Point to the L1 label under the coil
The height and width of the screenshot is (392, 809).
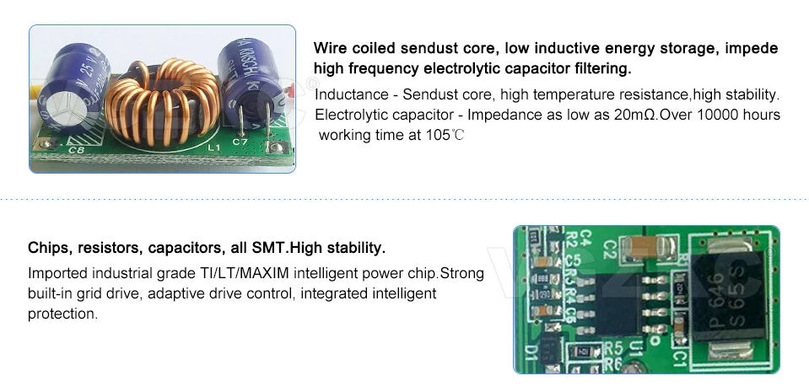[213, 148]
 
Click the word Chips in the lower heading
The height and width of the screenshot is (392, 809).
[49, 249]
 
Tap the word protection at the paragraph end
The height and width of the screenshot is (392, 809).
[63, 314]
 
